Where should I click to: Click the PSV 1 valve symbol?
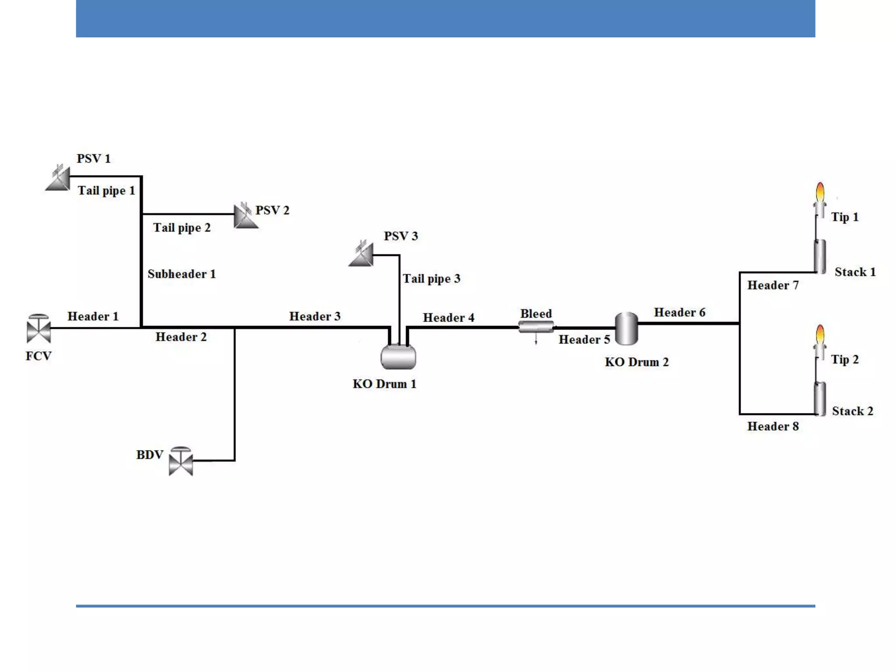tap(59, 179)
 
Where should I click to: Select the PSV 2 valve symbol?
tap(245, 216)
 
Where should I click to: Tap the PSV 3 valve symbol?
tap(362, 255)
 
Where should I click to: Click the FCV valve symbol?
tap(38, 329)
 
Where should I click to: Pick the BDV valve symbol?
tap(181, 462)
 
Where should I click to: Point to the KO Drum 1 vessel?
tap(398, 357)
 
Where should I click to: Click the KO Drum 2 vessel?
tap(626, 329)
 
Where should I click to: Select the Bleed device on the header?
tap(536, 327)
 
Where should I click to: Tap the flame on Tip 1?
tap(820, 192)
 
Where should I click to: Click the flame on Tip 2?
tap(820, 335)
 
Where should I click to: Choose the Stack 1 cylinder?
tap(820, 257)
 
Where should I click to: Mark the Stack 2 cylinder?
tap(820, 399)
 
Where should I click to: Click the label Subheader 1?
tap(182, 274)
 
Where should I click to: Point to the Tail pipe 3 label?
tap(431, 279)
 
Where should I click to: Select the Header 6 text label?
tap(679, 312)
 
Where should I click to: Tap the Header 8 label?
tap(773, 426)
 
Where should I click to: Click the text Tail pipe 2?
tap(182, 227)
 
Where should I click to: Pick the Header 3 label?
tap(315, 316)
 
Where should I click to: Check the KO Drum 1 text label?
tap(384, 384)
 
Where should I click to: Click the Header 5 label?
tap(584, 339)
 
